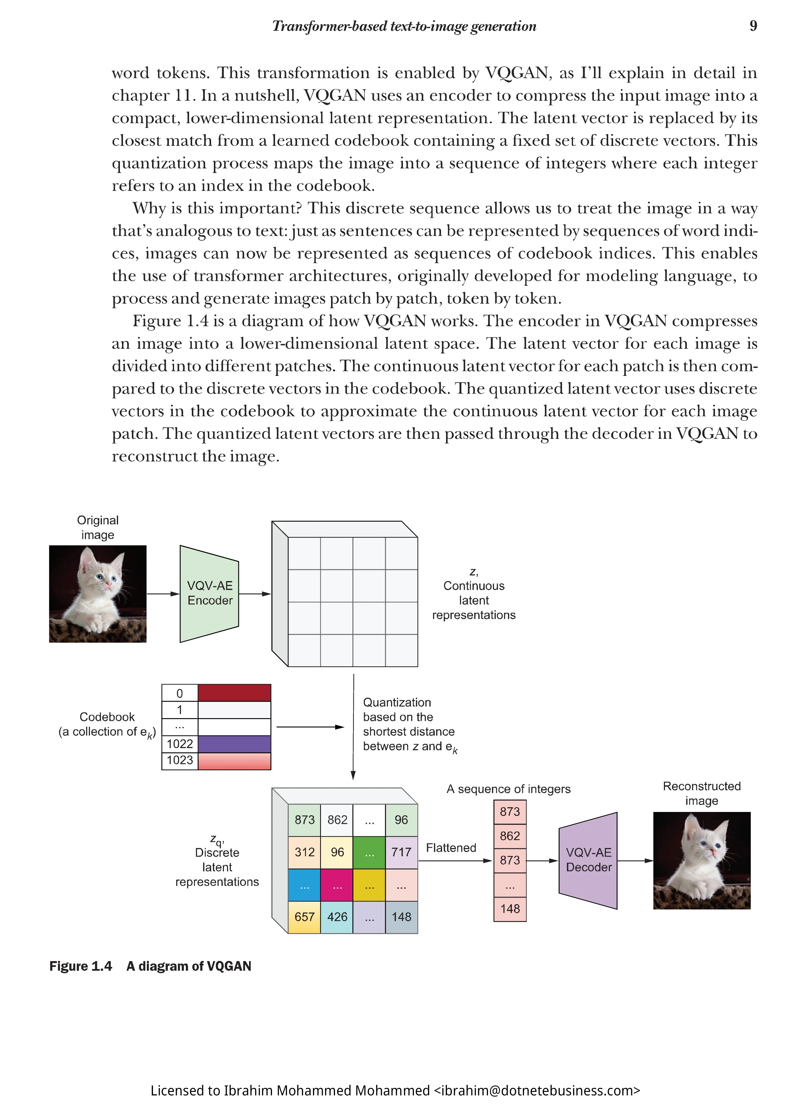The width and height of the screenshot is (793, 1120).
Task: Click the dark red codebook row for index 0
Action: tap(234, 693)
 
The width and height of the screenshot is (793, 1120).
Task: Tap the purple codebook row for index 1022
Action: tap(234, 744)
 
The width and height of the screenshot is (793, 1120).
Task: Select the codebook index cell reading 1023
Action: tap(180, 761)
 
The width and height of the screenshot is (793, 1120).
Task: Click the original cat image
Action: tap(98, 594)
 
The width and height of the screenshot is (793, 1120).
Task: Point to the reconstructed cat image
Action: tap(702, 861)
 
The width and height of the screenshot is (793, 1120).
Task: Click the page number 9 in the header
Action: tap(753, 26)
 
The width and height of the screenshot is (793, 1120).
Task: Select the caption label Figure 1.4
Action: tap(80, 966)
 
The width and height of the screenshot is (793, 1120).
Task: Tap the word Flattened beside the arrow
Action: tap(451, 848)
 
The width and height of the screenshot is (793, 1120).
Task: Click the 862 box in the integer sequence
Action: tap(510, 836)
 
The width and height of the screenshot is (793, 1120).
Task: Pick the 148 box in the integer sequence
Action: tap(510, 909)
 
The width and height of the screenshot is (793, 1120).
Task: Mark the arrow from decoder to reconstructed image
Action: tap(635, 861)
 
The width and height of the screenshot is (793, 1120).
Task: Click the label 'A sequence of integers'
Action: tap(508, 789)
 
